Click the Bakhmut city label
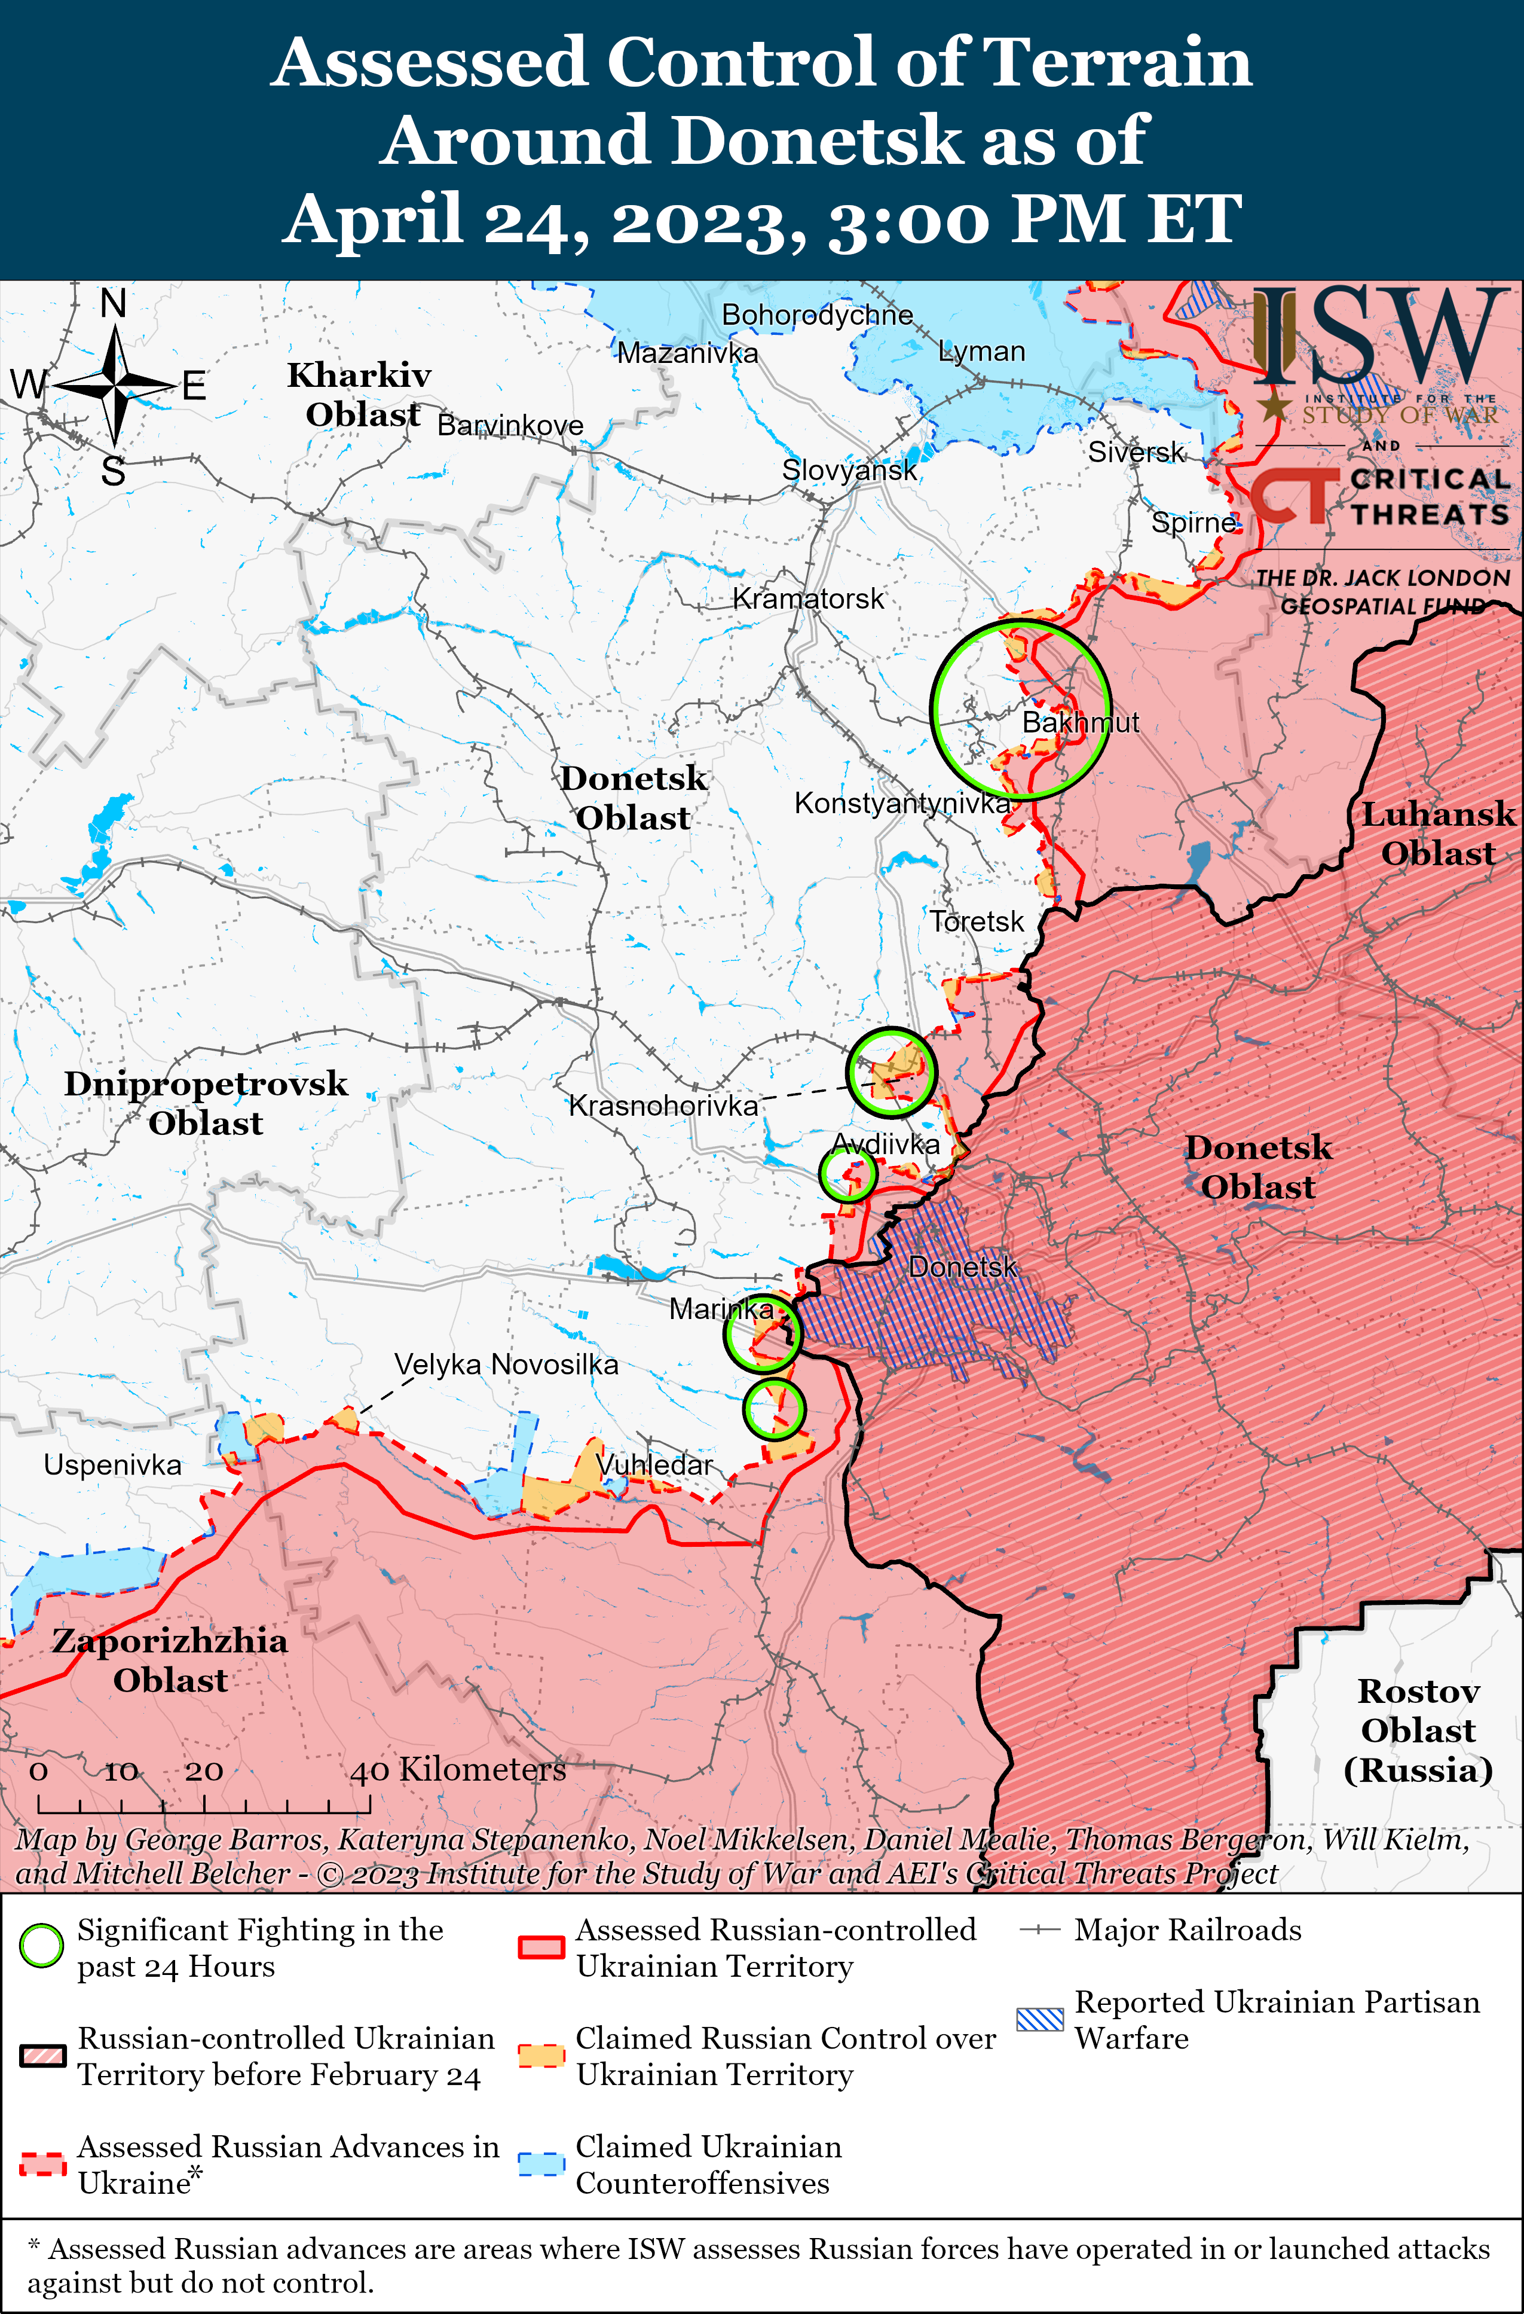[x=1080, y=722]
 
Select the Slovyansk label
[x=849, y=471]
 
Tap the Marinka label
[x=720, y=1309]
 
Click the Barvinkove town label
[x=510, y=425]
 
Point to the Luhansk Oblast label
[x=1437, y=834]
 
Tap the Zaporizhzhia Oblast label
[x=170, y=1660]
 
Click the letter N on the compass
[x=114, y=304]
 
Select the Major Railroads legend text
[x=1187, y=1930]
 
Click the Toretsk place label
[x=976, y=921]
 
